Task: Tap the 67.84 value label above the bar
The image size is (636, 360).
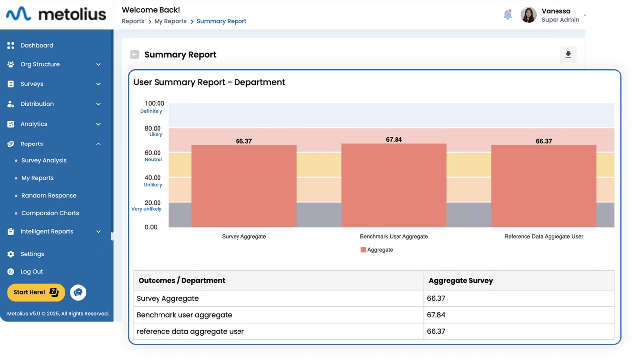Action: (x=394, y=140)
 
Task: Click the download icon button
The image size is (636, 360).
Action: (x=568, y=55)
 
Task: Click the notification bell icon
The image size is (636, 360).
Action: (x=507, y=15)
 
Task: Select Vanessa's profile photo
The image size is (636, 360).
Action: (x=528, y=15)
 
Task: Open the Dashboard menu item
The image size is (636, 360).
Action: (x=37, y=45)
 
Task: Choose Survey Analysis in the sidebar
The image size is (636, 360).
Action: (x=44, y=160)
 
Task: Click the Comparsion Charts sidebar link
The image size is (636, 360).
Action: (x=50, y=213)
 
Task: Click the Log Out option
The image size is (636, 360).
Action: (x=32, y=272)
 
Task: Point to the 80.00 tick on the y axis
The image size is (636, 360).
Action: (x=153, y=128)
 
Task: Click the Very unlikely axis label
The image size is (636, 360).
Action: (x=146, y=209)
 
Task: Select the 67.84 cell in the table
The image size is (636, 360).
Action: (x=436, y=315)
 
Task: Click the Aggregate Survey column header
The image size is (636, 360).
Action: (x=461, y=280)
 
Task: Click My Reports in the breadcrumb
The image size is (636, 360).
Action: (x=170, y=21)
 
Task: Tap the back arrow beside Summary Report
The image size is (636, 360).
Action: (x=134, y=55)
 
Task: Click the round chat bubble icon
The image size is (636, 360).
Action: (x=78, y=292)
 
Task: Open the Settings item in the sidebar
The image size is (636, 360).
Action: (x=32, y=254)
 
